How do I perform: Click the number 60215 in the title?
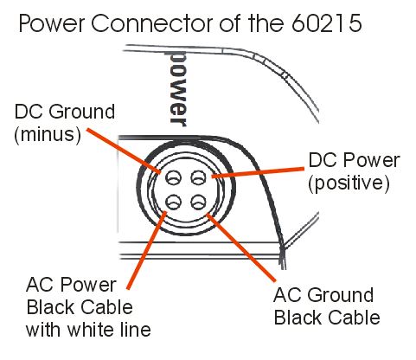click(327, 22)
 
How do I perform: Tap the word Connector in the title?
click(154, 22)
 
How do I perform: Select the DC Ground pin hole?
click(173, 177)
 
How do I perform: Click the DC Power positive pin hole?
click(199, 177)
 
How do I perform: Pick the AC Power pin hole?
click(173, 202)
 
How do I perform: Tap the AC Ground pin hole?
click(199, 202)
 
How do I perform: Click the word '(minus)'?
click(48, 134)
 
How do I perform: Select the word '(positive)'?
click(349, 183)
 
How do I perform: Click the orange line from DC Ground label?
click(124, 151)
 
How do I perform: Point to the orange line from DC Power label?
click(258, 172)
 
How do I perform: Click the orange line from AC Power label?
click(147, 250)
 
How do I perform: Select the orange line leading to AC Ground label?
click(241, 247)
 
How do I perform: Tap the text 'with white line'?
click(88, 330)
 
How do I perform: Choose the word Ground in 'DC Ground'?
click(81, 112)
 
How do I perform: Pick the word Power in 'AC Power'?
click(88, 285)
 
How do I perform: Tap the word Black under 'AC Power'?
click(48, 307)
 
